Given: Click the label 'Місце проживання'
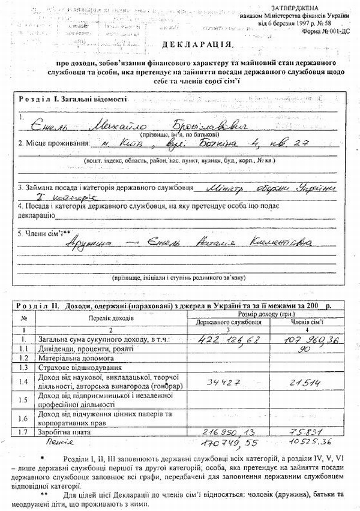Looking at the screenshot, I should (x=53, y=145).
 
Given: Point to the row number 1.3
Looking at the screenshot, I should (x=23, y=367).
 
